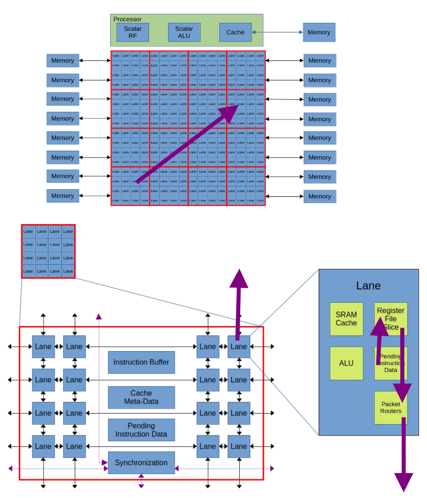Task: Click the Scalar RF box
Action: pyautogui.click(x=133, y=32)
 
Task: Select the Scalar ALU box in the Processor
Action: pyautogui.click(x=184, y=32)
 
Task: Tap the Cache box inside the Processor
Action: pyautogui.click(x=235, y=32)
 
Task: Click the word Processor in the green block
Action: pyautogui.click(x=127, y=19)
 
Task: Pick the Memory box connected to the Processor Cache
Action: pyautogui.click(x=319, y=32)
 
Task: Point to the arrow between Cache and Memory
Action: pyautogui.click(x=277, y=32)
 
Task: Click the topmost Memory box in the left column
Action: pyautogui.click(x=63, y=60)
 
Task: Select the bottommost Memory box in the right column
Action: pyautogui.click(x=320, y=196)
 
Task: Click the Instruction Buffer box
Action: pyautogui.click(x=141, y=362)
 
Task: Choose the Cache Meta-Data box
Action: pyautogui.click(x=141, y=397)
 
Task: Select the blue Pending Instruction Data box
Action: pyautogui.click(x=141, y=430)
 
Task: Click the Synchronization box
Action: pyautogui.click(x=141, y=462)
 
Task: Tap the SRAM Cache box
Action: pyautogui.click(x=346, y=319)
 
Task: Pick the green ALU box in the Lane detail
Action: pyautogui.click(x=346, y=363)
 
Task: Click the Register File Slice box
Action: pyautogui.click(x=391, y=319)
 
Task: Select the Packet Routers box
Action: pyautogui.click(x=391, y=407)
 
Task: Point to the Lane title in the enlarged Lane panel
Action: pyautogui.click(x=368, y=286)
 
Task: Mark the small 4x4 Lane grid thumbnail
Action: pyautogui.click(x=48, y=251)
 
